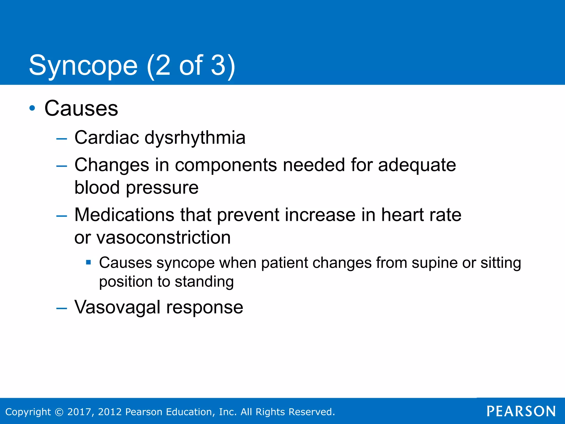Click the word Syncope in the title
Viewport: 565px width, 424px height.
[x=83, y=66]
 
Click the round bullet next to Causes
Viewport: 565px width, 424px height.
[x=32, y=108]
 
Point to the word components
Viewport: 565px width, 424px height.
[x=226, y=165]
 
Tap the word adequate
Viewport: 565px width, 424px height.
[x=417, y=165]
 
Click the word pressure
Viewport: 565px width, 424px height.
[x=162, y=188]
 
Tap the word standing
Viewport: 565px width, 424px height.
[x=204, y=282]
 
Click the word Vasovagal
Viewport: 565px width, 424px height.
[x=117, y=307]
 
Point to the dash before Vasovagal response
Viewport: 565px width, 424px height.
[x=62, y=308]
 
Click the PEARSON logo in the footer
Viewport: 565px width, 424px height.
[x=521, y=411]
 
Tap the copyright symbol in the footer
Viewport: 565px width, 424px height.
[x=59, y=412]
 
